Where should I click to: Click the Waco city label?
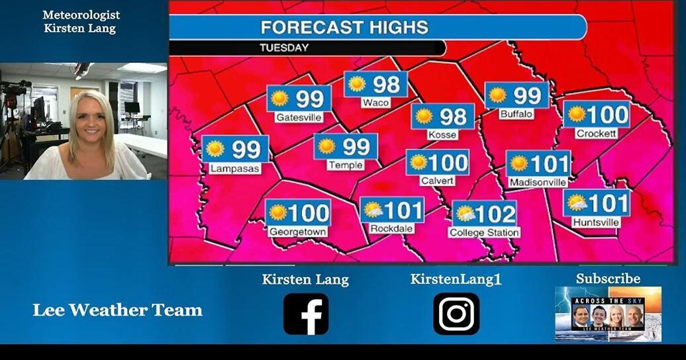pos(375,103)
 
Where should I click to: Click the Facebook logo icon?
pos(306,314)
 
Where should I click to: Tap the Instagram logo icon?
pos(456,314)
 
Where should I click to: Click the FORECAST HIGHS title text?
pos(344,27)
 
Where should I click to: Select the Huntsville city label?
pos(596,222)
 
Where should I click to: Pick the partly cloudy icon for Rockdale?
pos(373,210)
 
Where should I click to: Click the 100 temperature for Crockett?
pos(607,114)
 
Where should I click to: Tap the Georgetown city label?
pos(298,232)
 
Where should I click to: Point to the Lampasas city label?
pos(235,169)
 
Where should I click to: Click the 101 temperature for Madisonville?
pos(550,163)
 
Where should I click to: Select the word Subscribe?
pos(608,279)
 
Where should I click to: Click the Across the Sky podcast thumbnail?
pos(608,314)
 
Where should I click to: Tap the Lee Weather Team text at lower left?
pos(117,310)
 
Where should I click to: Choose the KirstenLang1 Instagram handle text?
pos(456,279)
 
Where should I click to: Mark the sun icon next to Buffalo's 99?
pos(497,95)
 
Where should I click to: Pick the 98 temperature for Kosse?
pos(454,116)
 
